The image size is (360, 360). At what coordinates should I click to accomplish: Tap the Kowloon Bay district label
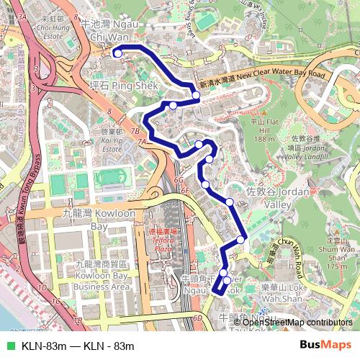click(x=90, y=220)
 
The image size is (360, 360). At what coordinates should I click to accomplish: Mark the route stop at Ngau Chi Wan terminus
click(x=117, y=52)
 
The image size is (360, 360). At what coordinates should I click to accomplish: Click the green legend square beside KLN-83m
click(x=10, y=346)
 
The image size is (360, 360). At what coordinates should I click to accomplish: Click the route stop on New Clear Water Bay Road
click(x=195, y=94)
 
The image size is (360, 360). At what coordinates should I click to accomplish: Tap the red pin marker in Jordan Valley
click(x=314, y=191)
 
